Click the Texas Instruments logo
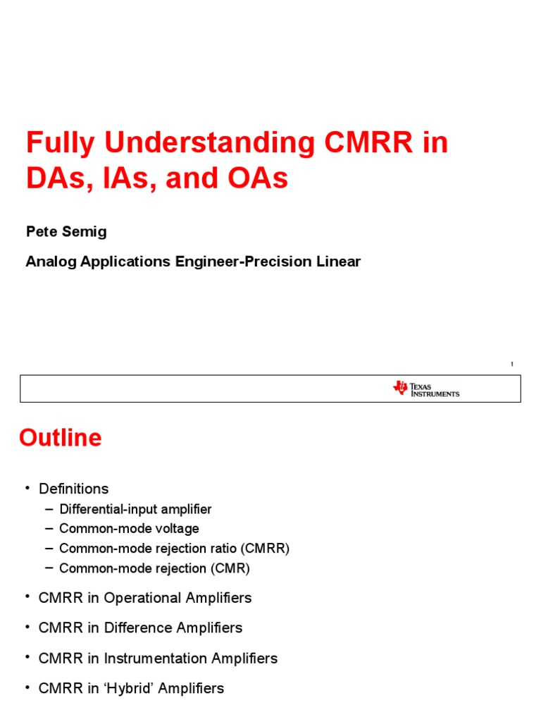[x=426, y=388]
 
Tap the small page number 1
[x=512, y=364]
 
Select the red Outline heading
[x=60, y=438]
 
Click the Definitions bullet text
[x=74, y=489]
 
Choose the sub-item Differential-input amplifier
[x=135, y=509]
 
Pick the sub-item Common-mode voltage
[x=129, y=529]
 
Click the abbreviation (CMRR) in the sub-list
[x=263, y=549]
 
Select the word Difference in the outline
[x=138, y=628]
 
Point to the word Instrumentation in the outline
[x=156, y=659]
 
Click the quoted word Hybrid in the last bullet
[x=132, y=688]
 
